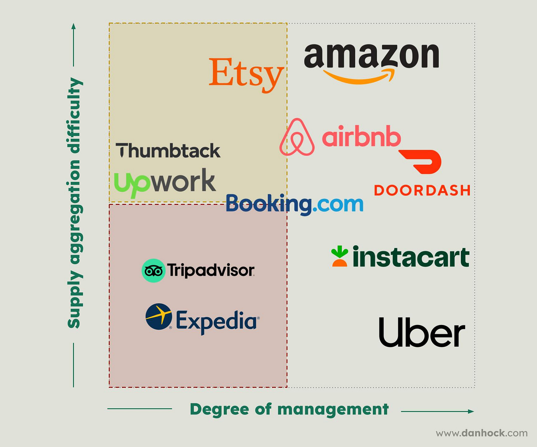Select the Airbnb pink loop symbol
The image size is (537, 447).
tap(297, 137)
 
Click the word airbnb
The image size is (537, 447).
tap(361, 137)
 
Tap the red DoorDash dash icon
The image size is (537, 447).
tap(422, 161)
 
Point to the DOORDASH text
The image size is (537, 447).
tap(422, 190)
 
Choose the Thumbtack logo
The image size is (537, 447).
tap(168, 151)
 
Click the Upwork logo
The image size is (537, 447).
tap(165, 182)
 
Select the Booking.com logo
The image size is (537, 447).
tap(294, 204)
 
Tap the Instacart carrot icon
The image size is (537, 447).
tap(339, 256)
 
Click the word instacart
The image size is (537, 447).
tap(411, 257)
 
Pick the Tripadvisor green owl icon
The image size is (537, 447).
tap(153, 271)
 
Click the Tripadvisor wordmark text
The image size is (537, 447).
tap(211, 270)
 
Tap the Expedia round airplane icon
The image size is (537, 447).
tap(159, 317)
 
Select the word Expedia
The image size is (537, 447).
tap(217, 321)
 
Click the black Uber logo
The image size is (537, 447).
tap(422, 332)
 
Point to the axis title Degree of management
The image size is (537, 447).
tap(289, 409)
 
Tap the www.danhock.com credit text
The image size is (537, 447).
tap(481, 433)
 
